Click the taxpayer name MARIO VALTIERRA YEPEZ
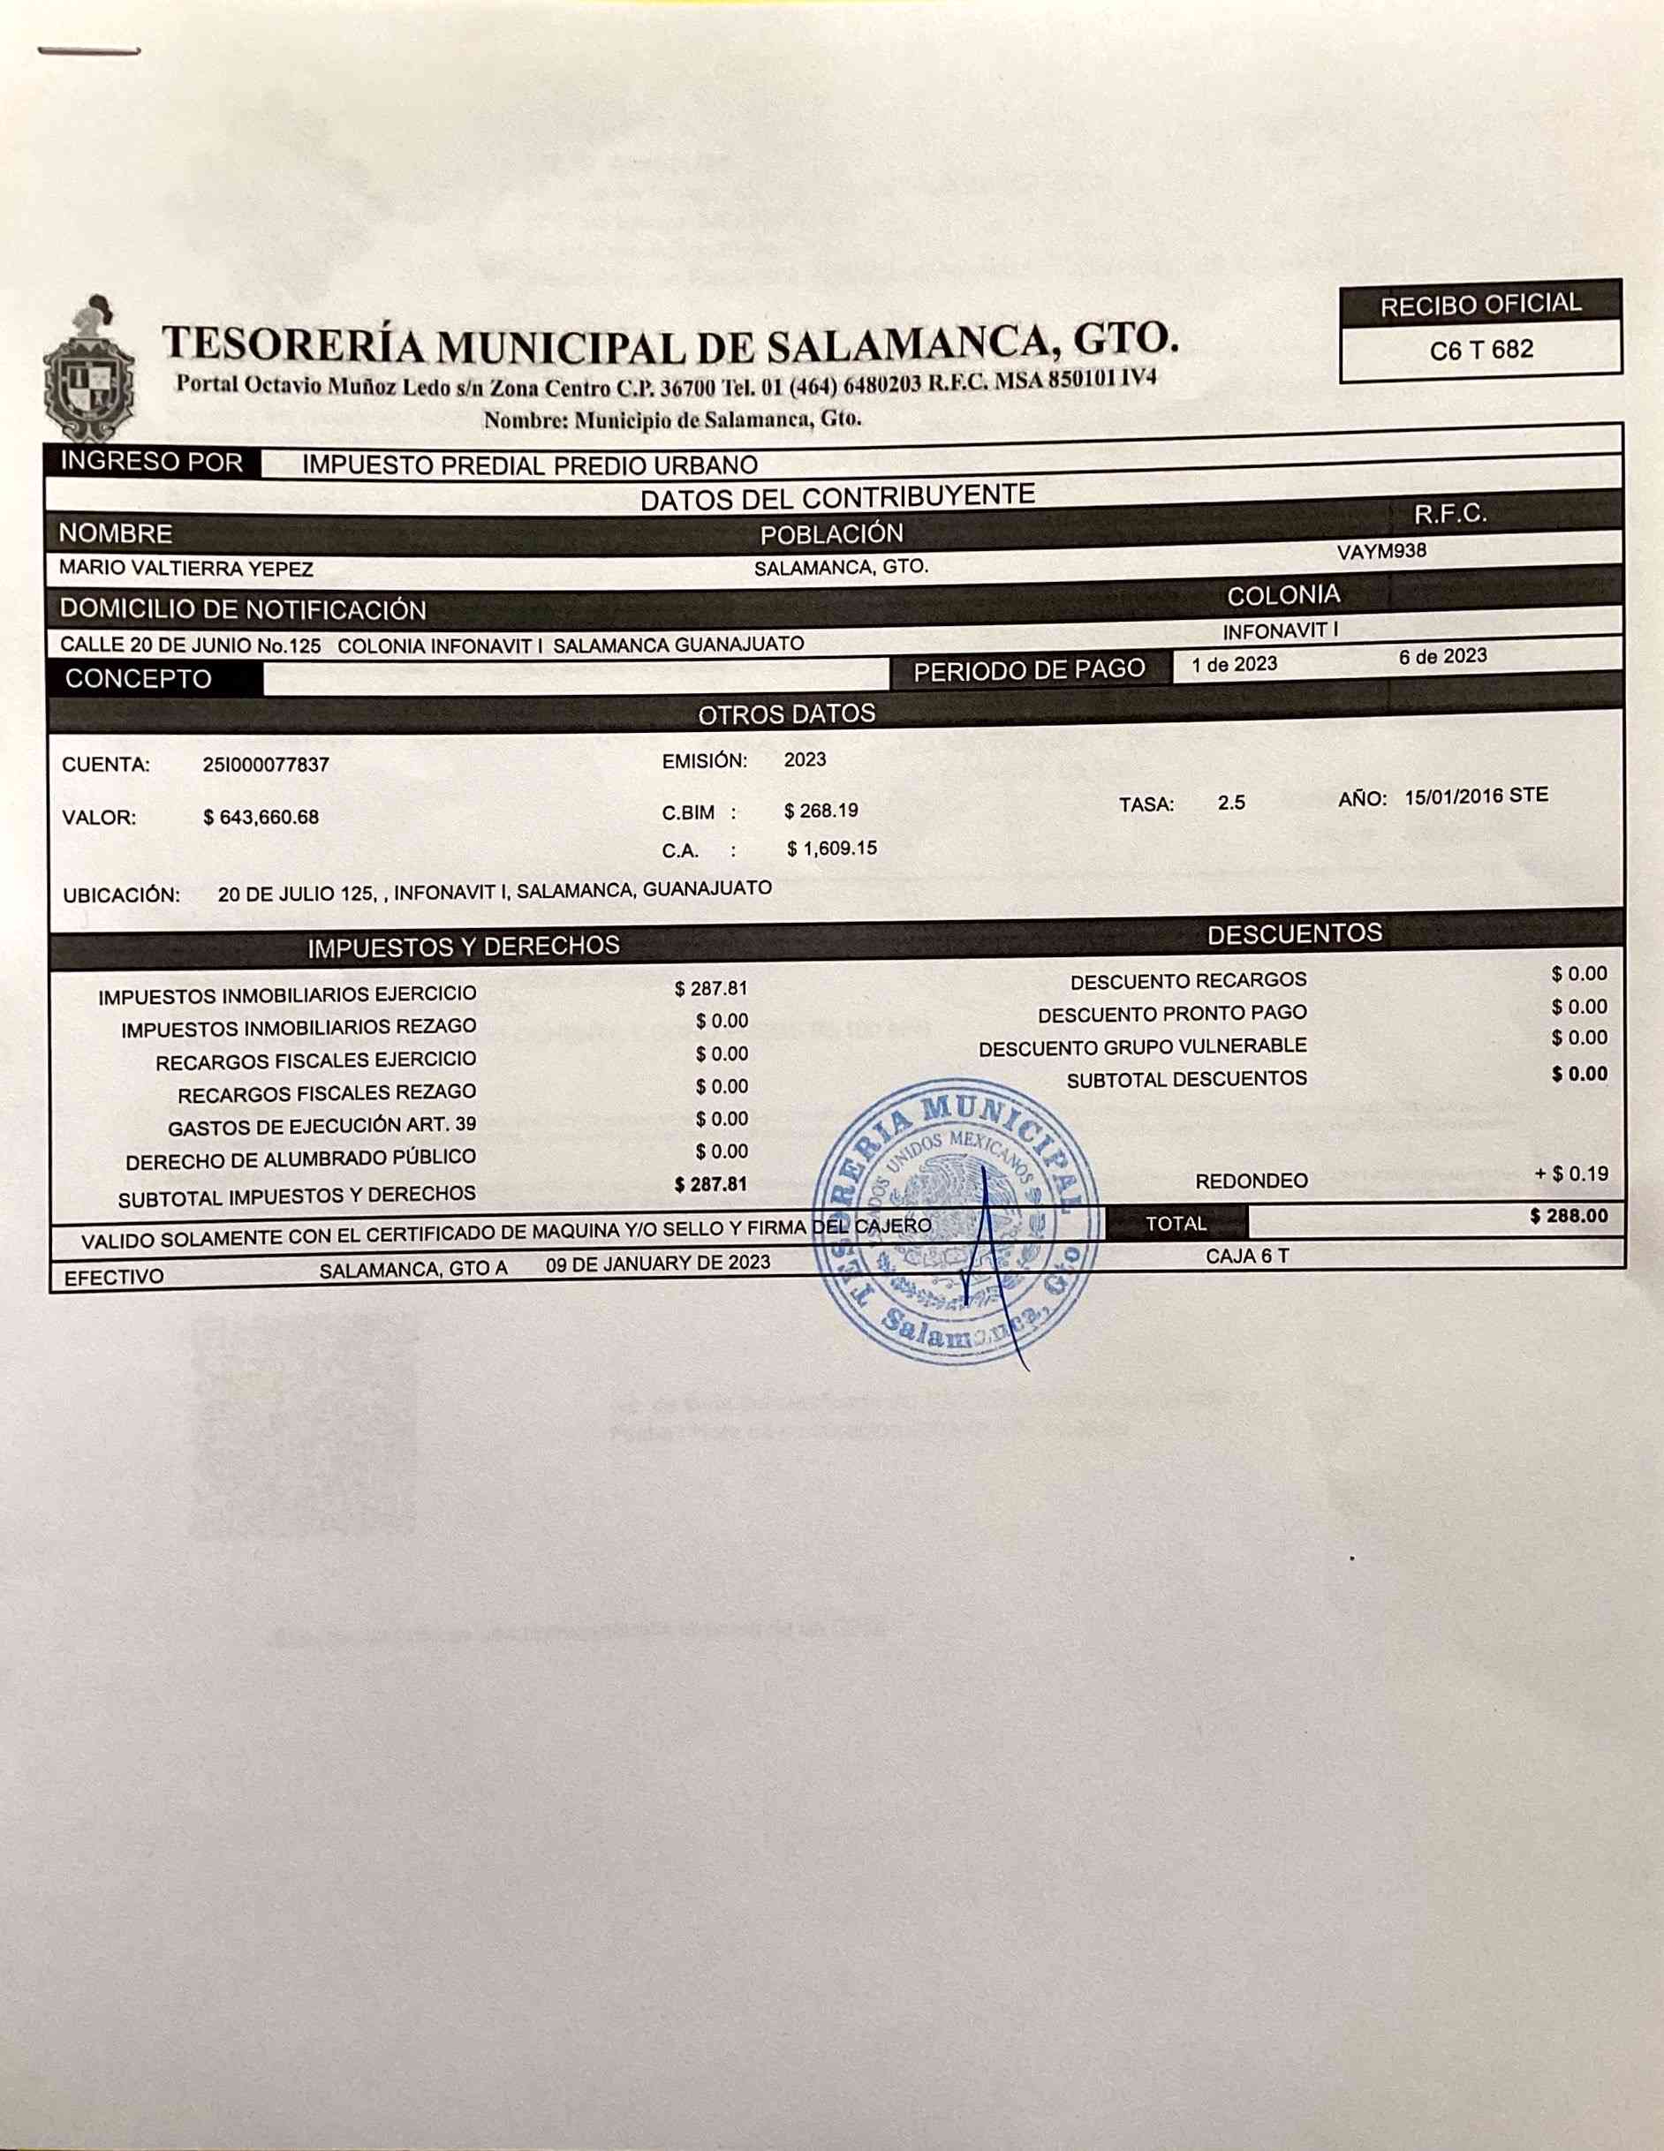click(x=186, y=570)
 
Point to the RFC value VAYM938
click(x=1381, y=552)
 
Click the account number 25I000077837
click(x=266, y=765)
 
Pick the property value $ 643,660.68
click(x=261, y=818)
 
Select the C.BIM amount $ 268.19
click(x=821, y=811)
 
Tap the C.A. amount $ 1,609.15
click(x=831, y=848)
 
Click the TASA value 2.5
click(x=1231, y=803)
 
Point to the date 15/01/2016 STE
click(x=1476, y=796)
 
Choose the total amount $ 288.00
click(x=1569, y=1217)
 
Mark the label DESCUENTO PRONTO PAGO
click(x=1172, y=1014)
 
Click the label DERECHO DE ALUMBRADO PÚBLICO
click(x=300, y=1159)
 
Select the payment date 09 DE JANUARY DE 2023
click(x=658, y=1264)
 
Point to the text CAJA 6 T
click(x=1246, y=1257)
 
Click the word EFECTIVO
click(x=114, y=1279)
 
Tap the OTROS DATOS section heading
click(x=786, y=714)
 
